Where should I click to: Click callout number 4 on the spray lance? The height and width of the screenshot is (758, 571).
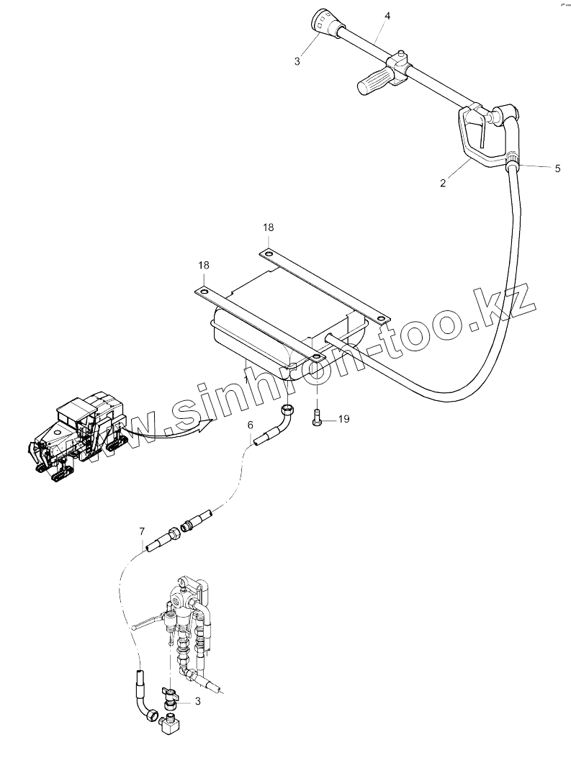[x=387, y=15]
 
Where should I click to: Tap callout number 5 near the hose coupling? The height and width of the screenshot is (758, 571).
[x=557, y=168]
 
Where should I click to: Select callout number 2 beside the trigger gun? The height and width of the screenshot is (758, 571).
[x=443, y=183]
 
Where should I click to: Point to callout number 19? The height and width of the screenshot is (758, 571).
[x=343, y=418]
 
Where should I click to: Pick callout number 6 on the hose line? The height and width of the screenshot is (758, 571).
[x=251, y=425]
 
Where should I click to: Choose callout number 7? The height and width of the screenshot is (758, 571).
[x=141, y=532]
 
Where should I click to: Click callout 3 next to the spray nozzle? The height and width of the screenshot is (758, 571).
[x=297, y=61]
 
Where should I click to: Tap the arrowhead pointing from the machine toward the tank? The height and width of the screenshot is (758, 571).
[x=206, y=423]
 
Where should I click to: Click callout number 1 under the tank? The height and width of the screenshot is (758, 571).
[x=246, y=379]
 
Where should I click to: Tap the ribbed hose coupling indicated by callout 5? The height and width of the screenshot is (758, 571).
[x=513, y=159]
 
